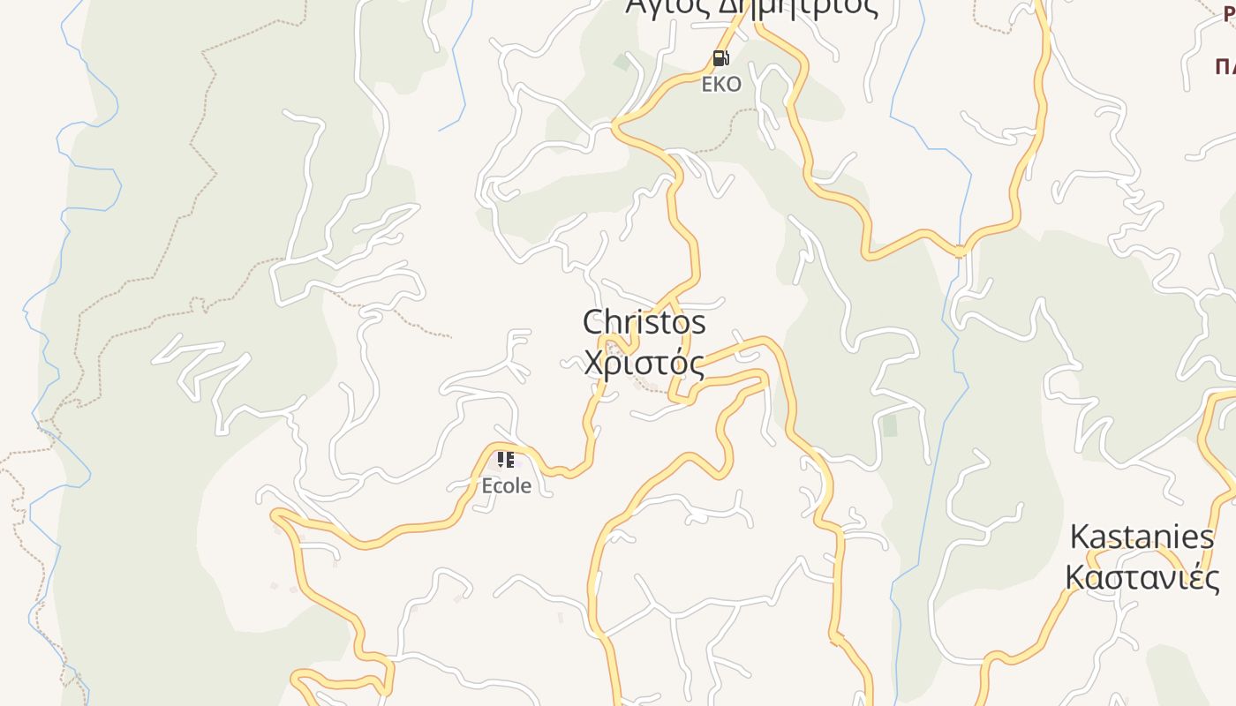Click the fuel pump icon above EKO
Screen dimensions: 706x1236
(720, 59)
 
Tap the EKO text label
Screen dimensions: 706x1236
(721, 85)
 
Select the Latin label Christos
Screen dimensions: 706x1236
(644, 322)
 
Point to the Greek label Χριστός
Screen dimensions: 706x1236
(644, 363)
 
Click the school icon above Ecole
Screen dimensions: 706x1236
(505, 460)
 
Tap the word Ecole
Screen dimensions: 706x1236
(506, 485)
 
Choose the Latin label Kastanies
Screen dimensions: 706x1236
(1142, 537)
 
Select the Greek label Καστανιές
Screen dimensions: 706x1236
(1142, 578)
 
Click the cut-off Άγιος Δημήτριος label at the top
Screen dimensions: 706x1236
(752, 7)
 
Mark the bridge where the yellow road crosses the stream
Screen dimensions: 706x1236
(961, 252)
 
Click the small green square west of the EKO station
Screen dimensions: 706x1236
(622, 62)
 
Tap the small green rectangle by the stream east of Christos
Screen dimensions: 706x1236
(890, 425)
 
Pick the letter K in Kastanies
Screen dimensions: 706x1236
(1079, 537)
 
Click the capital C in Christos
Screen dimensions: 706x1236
(594, 322)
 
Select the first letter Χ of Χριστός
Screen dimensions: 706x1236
(595, 363)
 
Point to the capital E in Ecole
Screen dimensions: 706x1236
(486, 485)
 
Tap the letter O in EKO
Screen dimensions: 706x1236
(734, 85)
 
